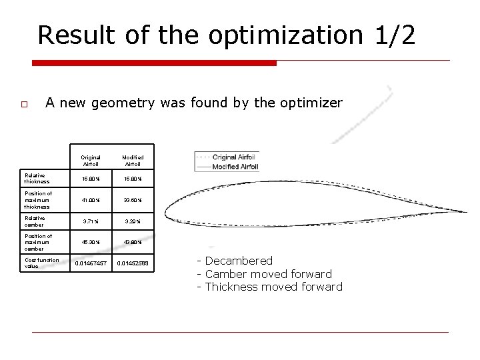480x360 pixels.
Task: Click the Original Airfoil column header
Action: coord(91,161)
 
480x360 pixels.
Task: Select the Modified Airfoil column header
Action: coord(133,161)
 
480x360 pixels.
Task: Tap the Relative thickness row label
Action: coord(36,179)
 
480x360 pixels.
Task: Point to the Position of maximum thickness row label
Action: coord(38,200)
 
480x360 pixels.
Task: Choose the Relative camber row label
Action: coord(35,221)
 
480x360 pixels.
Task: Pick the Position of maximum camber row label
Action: coord(38,242)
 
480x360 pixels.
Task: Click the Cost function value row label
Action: coord(41,263)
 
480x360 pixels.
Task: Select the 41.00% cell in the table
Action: coord(91,200)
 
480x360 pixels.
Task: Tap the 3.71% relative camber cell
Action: coord(91,221)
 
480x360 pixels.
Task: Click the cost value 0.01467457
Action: coord(91,264)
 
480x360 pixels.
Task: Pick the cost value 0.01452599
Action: coord(133,264)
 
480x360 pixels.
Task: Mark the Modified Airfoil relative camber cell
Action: coord(133,221)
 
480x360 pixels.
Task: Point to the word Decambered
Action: coord(239,261)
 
